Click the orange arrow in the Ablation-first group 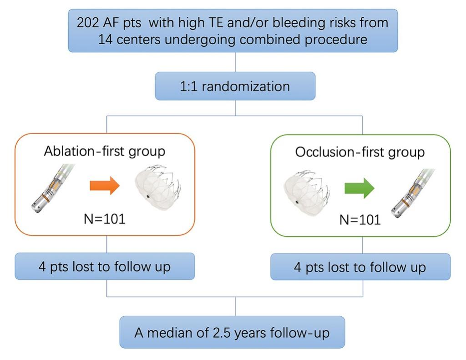coord(104,186)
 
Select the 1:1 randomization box coord(235,86)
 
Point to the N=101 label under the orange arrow coord(104,218)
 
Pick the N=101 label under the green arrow coord(360,220)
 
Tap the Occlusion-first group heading coord(360,152)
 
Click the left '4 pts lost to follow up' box coord(105,266)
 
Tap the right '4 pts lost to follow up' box coord(360,267)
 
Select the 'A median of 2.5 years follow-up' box coord(232,332)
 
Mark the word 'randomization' coord(245,86)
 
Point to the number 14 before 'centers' coord(106,39)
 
